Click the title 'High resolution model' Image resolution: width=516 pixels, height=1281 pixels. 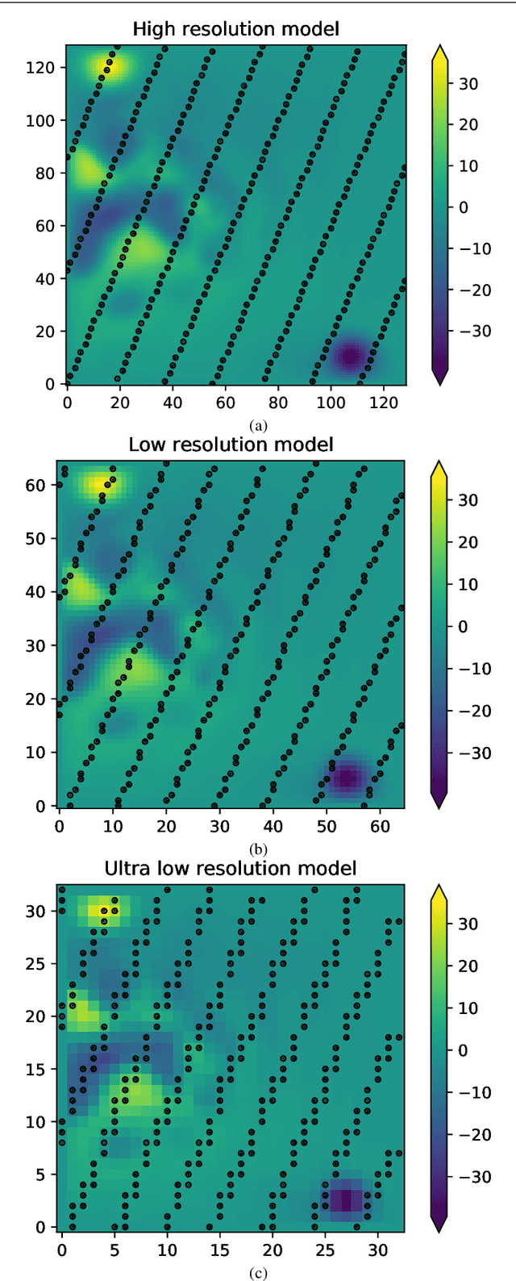coord(235,29)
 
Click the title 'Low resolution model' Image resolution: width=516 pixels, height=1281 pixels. coord(231,444)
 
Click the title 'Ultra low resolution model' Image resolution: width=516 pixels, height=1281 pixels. coord(231,868)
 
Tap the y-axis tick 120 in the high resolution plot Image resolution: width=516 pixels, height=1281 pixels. coord(44,68)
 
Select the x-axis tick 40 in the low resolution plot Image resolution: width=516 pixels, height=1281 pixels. coord(273,825)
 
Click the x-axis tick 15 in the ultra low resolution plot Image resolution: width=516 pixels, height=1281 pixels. coord(220,1249)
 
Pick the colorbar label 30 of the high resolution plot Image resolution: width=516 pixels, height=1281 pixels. coord(468,84)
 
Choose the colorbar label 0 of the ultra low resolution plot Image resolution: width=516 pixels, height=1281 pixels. coord(463,1050)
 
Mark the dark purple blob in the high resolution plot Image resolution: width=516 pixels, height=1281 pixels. coord(351,357)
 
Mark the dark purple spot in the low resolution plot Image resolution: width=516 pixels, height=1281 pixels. coord(347,778)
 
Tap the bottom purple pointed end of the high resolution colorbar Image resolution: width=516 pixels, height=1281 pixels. coord(439,375)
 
